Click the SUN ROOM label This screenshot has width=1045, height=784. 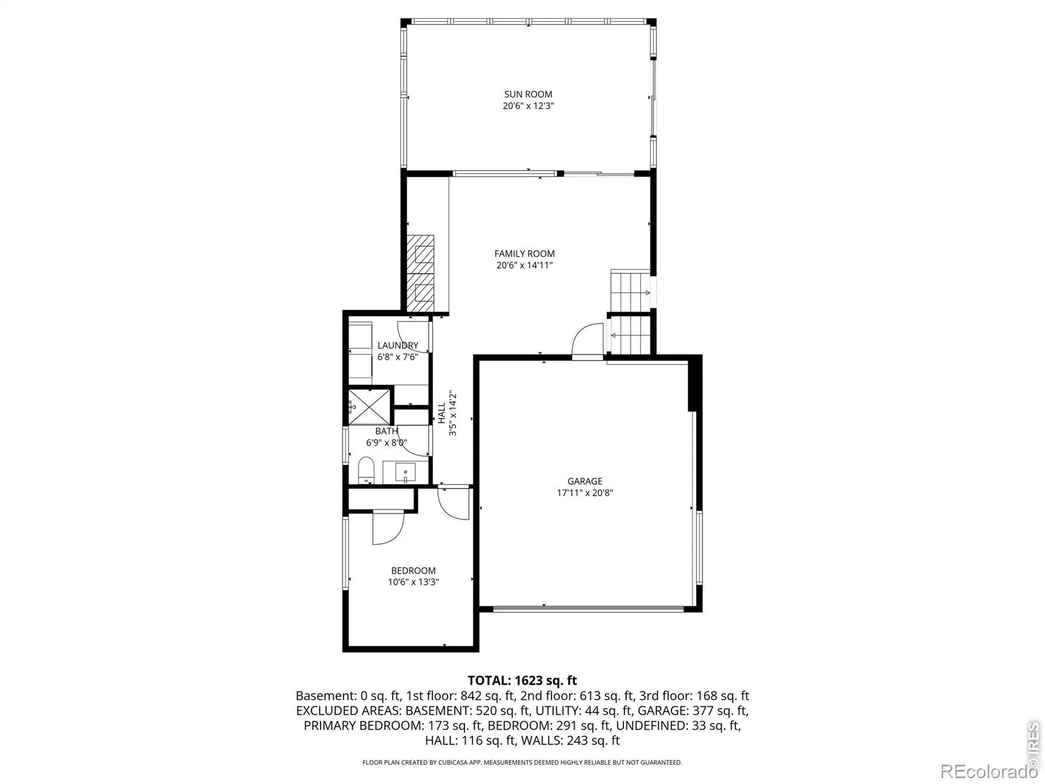[528, 94]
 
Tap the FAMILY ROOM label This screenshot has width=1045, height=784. [524, 253]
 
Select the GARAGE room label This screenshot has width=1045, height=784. [585, 482]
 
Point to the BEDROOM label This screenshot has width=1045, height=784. [413, 570]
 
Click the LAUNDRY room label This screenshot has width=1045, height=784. [398, 345]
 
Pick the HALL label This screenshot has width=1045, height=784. [442, 413]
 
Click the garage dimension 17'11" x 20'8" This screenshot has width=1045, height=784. [585, 493]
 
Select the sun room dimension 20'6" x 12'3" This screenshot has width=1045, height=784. [528, 106]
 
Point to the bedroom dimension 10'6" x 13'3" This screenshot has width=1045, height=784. [413, 581]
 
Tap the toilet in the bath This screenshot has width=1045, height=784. [366, 470]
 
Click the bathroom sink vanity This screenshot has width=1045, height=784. [406, 472]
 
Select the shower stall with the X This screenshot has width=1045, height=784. [370, 407]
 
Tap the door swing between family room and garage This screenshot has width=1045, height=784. [587, 340]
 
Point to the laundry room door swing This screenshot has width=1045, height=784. [413, 336]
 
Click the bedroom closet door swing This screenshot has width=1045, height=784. [388, 528]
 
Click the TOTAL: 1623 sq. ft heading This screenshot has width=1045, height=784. [522, 681]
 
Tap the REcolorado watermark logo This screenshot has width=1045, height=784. [988, 771]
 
